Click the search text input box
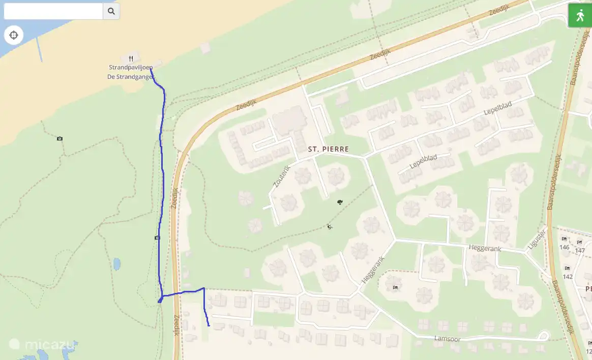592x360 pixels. (x=53, y=11)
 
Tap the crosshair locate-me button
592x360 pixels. (x=14, y=35)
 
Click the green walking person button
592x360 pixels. (x=580, y=15)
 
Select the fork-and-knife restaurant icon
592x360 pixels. (x=131, y=58)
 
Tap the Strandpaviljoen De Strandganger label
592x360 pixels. (x=130, y=72)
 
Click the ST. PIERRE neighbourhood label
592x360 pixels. (x=329, y=149)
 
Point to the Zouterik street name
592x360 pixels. (x=282, y=176)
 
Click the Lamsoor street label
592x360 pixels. (x=446, y=338)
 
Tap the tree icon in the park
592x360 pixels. (x=340, y=202)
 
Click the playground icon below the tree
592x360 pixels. (x=330, y=227)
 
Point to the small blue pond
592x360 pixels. (x=117, y=264)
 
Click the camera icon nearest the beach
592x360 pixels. (x=60, y=139)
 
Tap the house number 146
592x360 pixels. (x=564, y=247)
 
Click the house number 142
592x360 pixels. (x=568, y=277)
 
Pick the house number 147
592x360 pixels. (x=579, y=250)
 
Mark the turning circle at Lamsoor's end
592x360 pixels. (x=543, y=336)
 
